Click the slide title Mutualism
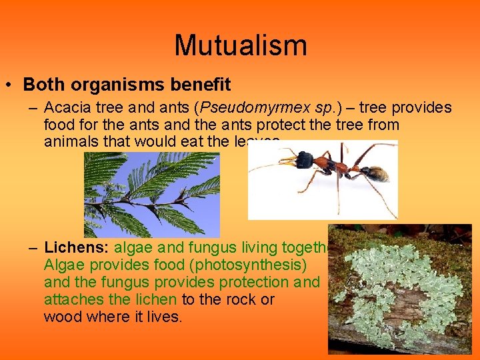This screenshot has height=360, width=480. coord(240,45)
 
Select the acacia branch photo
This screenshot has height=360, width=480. coord(151,194)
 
